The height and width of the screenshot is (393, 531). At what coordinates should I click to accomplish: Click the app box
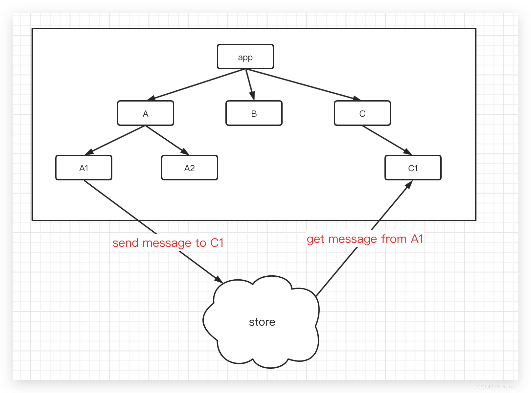tap(245, 57)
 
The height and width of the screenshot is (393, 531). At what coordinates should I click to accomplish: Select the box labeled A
tap(146, 113)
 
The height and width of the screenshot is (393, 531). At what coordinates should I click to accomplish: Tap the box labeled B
tap(254, 113)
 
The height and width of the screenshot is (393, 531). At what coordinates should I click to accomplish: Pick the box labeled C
tap(362, 113)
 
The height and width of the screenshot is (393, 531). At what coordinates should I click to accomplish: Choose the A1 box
tap(84, 168)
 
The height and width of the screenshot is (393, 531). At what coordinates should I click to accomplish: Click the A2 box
tap(190, 168)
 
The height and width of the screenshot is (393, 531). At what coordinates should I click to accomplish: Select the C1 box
tap(413, 168)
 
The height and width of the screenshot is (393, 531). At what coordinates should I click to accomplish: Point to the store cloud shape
tap(261, 322)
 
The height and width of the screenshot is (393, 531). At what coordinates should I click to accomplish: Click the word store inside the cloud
tap(262, 322)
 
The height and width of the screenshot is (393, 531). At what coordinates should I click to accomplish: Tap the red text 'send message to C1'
tap(168, 243)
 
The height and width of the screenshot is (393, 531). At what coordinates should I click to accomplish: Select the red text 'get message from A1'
tap(365, 239)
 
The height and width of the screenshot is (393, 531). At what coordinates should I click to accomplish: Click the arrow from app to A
tap(196, 85)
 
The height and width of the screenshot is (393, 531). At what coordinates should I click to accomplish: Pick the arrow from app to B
tap(250, 84)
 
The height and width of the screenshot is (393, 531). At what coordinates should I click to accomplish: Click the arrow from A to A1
tap(115, 140)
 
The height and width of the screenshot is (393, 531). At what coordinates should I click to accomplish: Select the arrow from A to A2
tap(167, 140)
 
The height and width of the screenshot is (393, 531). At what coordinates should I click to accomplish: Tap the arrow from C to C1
tap(387, 140)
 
